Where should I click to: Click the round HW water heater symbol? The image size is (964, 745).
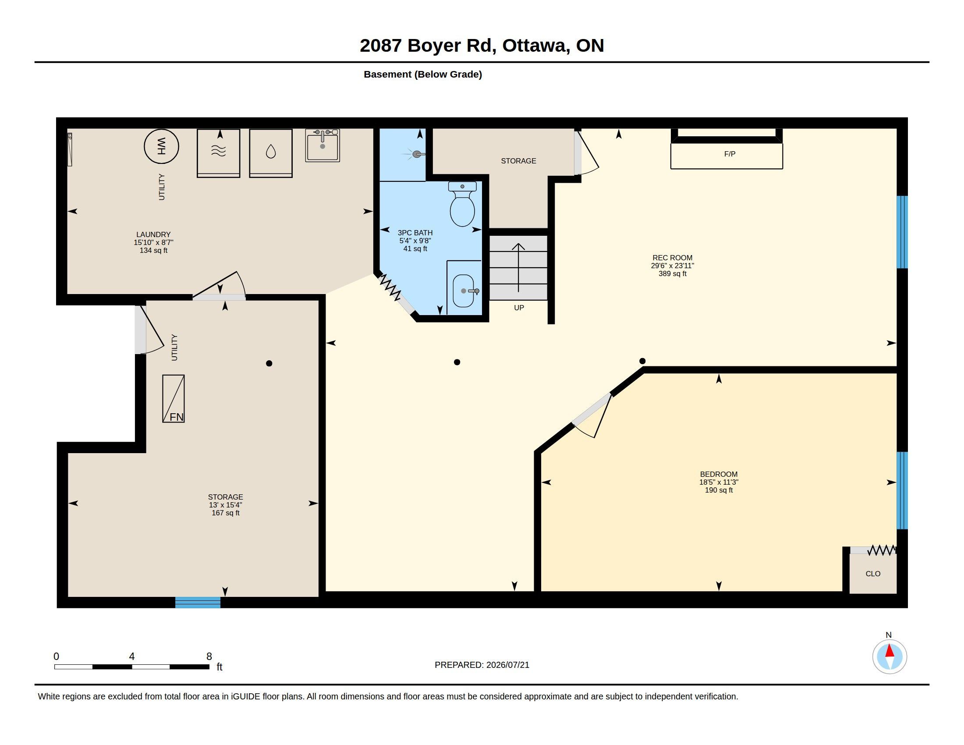click(x=161, y=146)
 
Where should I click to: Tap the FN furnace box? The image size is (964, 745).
click(x=174, y=398)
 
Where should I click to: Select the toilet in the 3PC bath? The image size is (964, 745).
click(x=462, y=204)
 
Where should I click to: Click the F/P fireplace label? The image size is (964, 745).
click(x=730, y=153)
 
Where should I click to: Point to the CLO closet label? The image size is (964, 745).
click(x=872, y=573)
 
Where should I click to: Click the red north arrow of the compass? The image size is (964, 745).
click(x=890, y=651)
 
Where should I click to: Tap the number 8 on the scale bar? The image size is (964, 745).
click(x=209, y=656)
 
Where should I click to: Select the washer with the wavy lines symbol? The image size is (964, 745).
click(x=219, y=153)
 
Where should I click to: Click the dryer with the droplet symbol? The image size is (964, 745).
click(x=270, y=153)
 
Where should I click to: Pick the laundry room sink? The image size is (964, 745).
click(x=323, y=145)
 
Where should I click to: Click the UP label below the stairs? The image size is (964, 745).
click(x=519, y=308)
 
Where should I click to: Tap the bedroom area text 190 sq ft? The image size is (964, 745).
click(x=719, y=490)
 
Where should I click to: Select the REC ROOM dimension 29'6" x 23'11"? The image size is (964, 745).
click(x=672, y=266)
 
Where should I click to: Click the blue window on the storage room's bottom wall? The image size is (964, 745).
click(x=198, y=602)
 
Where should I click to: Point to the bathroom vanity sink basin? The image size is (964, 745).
click(x=463, y=291)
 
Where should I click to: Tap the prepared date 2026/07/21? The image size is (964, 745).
click(x=507, y=665)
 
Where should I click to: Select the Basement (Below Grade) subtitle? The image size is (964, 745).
click(x=422, y=74)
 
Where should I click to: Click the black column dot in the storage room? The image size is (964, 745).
click(x=269, y=363)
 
